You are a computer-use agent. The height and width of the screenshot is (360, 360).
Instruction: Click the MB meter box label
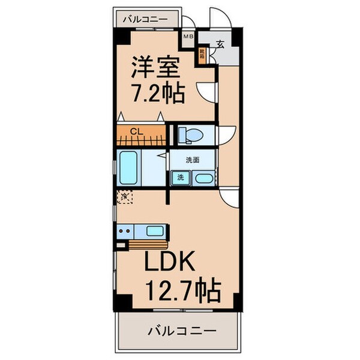coord(188,37)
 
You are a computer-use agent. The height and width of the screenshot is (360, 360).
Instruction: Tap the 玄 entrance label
coord(220,44)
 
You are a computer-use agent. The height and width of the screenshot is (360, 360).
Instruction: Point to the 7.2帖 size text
coord(157,94)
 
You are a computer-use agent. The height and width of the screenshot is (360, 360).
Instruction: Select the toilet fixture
coord(190,136)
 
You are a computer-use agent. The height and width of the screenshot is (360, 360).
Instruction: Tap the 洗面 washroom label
coord(191,160)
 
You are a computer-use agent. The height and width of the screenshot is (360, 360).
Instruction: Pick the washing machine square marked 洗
coord(179,178)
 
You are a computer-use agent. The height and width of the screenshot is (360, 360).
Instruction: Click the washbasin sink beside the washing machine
coord(203,178)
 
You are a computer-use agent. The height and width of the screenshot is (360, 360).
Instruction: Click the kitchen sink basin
coord(155,230)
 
